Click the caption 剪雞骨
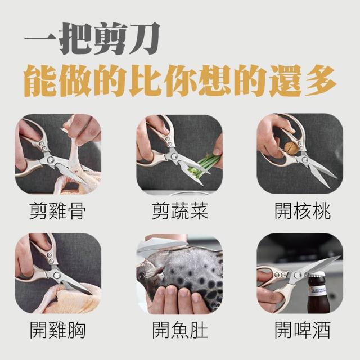click(57, 211)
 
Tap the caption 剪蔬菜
click(180, 211)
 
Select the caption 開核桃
click(303, 211)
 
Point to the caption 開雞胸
click(57, 330)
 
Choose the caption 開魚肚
click(180, 330)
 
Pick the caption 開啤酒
click(303, 330)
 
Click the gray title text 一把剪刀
click(92, 39)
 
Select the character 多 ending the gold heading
click(321, 80)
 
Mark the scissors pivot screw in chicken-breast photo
click(56, 275)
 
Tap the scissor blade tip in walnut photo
click(336, 177)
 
